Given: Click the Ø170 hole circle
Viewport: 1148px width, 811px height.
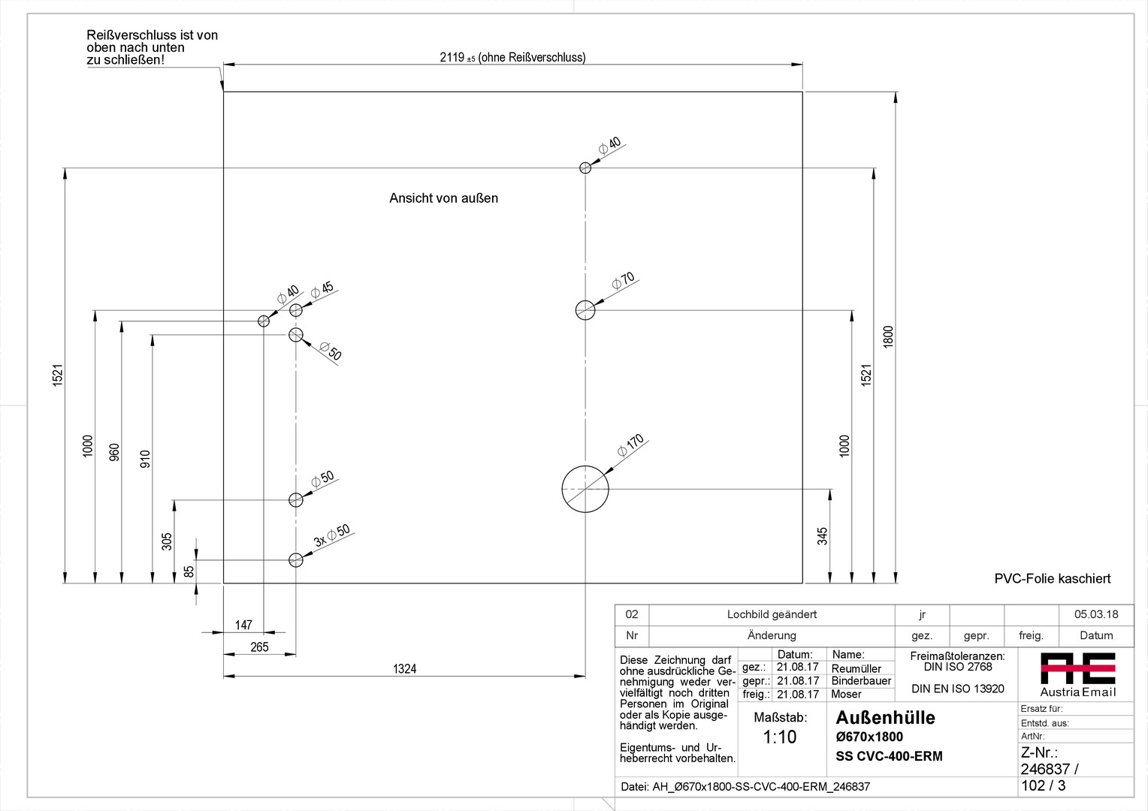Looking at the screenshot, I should pos(585,489).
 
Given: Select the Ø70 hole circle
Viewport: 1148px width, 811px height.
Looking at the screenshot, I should pos(585,309).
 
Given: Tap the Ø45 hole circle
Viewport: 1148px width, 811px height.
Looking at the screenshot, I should pos(296,310).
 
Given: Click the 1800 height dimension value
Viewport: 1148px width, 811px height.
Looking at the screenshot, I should pos(888,336).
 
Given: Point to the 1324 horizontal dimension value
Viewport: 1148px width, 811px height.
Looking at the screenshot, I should pos(404,668).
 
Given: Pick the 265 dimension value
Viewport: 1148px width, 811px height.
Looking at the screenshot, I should pos(259,647).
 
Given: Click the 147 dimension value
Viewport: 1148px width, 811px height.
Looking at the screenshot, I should pos(243,625).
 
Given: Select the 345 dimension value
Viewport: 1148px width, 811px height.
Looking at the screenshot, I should pos(823,535).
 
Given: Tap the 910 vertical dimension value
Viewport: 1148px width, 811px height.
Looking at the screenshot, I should pos(145,459).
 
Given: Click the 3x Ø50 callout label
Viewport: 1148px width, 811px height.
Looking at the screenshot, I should pos(332,535).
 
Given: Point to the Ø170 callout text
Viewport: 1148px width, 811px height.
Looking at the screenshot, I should pos(631,445).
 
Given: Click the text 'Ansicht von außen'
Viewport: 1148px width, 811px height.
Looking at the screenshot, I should pos(443,198).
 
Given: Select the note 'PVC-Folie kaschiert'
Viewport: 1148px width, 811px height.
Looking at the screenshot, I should pos(1052,578).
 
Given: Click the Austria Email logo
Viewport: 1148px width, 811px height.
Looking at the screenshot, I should pos(1077,674).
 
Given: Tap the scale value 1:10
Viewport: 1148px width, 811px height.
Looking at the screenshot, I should pos(779,737).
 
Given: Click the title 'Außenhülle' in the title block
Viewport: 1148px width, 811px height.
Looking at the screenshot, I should pos(885,717).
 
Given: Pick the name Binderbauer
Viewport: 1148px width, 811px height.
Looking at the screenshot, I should pos(861,681).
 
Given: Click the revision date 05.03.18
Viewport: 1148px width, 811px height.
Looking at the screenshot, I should pos(1095,614).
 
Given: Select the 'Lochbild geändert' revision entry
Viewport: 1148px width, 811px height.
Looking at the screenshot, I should pos(772,614).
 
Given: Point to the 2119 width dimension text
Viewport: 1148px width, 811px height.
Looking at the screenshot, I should pos(512,57).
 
